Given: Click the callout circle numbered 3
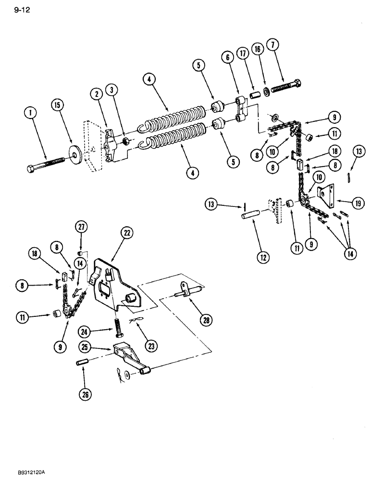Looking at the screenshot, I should pyautogui.click(x=111, y=90).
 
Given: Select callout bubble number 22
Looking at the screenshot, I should pyautogui.click(x=127, y=233).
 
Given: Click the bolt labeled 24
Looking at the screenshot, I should pyautogui.click(x=117, y=332).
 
